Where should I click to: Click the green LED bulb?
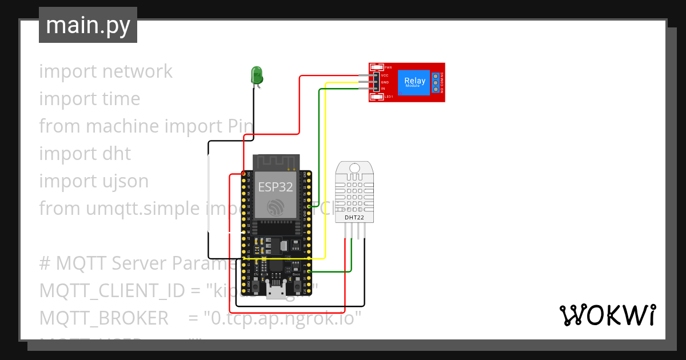[x=257, y=74]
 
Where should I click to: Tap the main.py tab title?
[x=87, y=25]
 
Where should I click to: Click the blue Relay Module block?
[x=414, y=82]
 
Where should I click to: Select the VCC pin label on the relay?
[x=385, y=75]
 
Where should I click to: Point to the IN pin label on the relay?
[x=383, y=89]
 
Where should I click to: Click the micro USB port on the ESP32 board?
[x=277, y=292]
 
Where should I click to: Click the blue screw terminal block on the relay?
[x=436, y=83]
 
